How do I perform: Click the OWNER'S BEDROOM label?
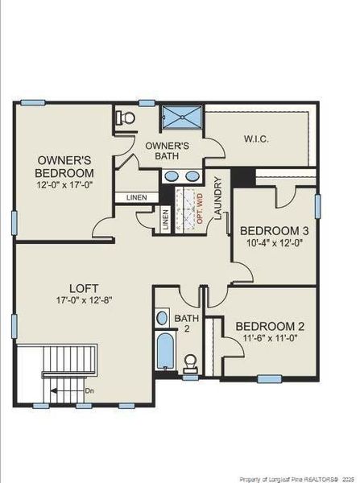pos(64,167)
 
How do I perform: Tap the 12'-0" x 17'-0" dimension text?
pos(64,185)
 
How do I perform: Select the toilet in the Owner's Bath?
pos(126,118)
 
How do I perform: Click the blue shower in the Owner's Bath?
pos(182,117)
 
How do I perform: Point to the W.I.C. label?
pos(256,138)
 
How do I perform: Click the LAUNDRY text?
pos(218,198)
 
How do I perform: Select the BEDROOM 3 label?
pos(275,231)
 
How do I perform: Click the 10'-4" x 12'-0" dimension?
pos(275,243)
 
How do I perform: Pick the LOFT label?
pos(84,289)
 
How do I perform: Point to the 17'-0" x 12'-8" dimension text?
pos(84,300)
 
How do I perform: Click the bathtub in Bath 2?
pos(165,352)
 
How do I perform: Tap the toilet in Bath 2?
pos(190,363)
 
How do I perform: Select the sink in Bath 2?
pos(162,317)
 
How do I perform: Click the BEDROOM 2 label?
pos(270,327)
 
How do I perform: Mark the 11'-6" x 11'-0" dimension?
pos(270,338)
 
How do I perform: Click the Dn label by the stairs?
pos(89,391)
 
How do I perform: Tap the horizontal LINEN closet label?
pos(137,197)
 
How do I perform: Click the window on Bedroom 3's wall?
pos(317,206)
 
